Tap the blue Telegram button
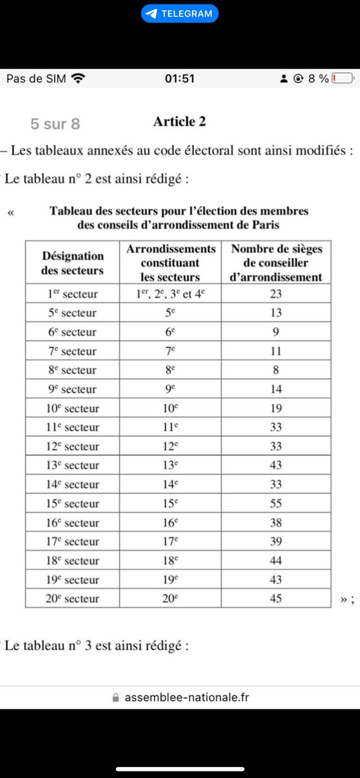coord(180,14)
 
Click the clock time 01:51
coord(180,78)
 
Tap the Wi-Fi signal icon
coord(78,78)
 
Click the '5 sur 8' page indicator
coord(55,123)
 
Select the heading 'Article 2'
coord(180,121)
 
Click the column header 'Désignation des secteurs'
coord(72,263)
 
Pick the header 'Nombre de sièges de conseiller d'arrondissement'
coord(276,263)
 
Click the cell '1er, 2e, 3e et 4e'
coord(170,294)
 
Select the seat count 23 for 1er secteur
coord(276,294)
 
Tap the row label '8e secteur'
coord(72,370)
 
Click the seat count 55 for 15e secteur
coord(276,503)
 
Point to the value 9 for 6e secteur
coord(276,332)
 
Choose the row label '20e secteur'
coord(72,598)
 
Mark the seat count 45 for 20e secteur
coord(276,598)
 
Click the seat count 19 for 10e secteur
coord(276,408)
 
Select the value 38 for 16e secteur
coord(276,523)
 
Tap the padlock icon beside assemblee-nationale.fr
coord(116,698)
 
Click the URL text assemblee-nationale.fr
coord(187,698)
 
